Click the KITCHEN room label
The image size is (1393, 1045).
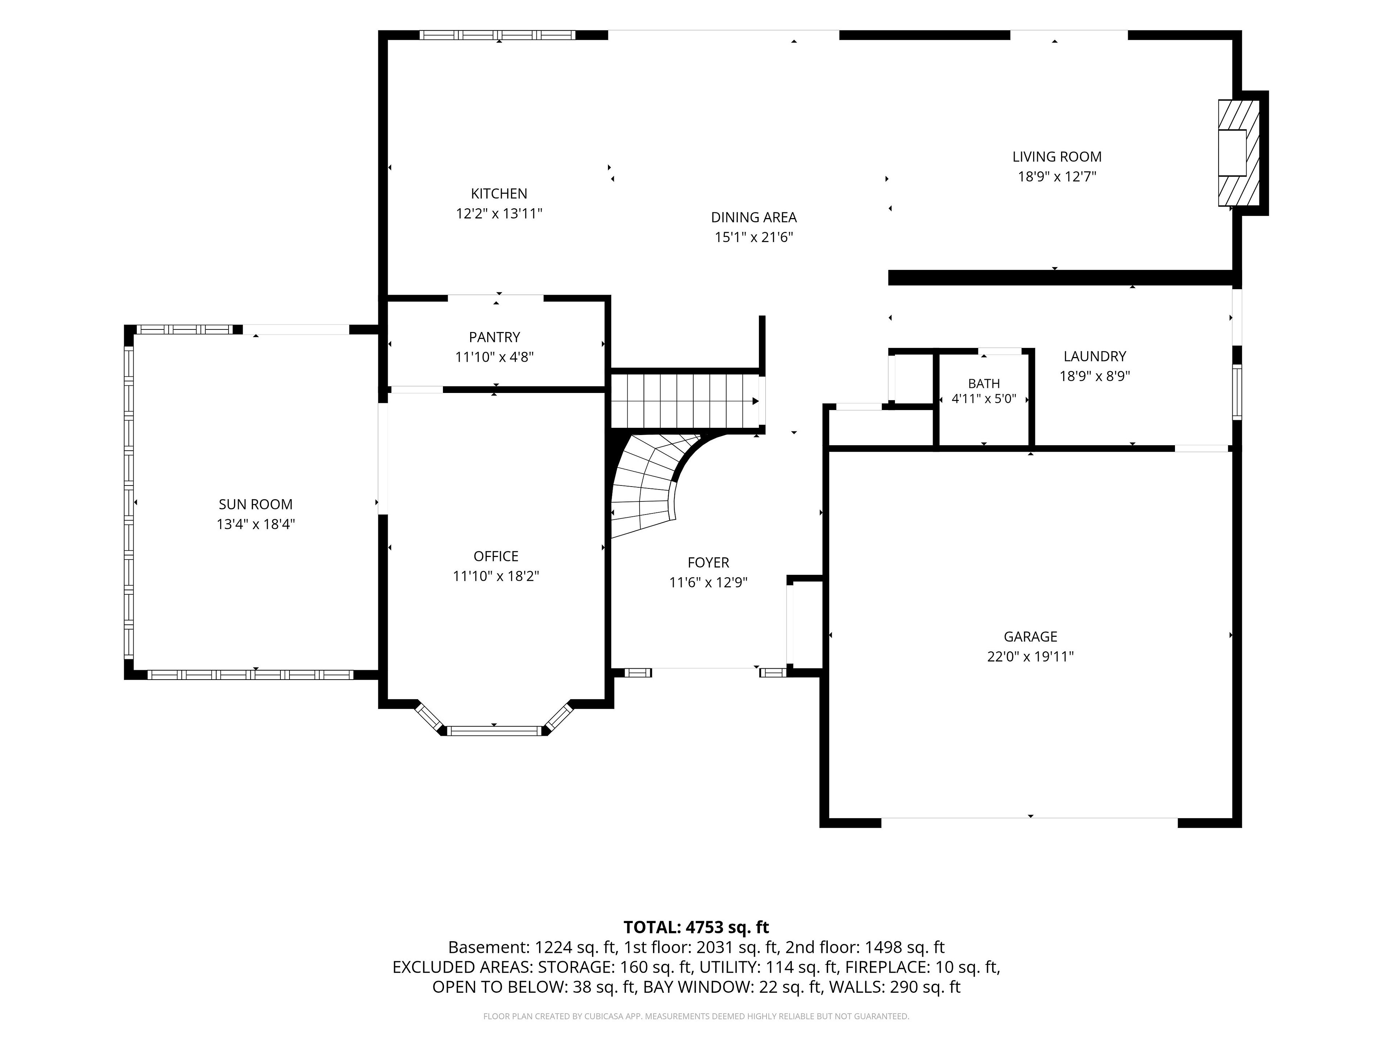point(499,193)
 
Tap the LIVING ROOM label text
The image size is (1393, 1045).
point(1057,157)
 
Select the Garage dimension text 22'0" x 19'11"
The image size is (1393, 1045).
point(1030,656)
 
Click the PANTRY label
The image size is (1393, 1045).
point(494,337)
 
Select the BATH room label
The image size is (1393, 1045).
point(984,384)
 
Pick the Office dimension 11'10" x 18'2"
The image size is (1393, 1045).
point(496,576)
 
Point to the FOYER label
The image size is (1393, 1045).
point(708,562)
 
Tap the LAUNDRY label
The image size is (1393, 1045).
point(1094,357)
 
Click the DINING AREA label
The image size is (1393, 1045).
point(754,217)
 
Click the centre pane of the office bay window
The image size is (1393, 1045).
point(494,731)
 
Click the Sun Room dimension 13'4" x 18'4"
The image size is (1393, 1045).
point(256,524)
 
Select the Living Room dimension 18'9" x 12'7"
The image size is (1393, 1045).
point(1057,176)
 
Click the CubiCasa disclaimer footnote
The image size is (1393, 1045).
point(696,1016)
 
